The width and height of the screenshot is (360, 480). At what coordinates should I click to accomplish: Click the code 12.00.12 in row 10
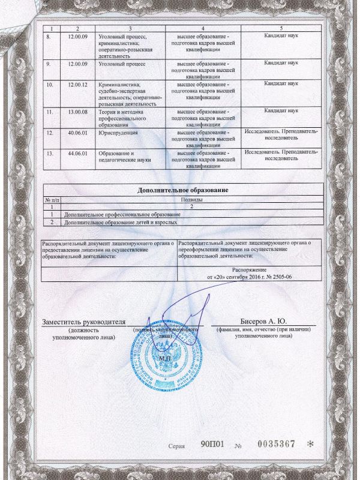point(77,85)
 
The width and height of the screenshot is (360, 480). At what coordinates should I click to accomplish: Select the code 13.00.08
point(77,110)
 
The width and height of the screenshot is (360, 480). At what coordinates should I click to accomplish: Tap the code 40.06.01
point(77,131)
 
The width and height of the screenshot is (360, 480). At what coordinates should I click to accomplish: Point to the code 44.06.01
point(77,153)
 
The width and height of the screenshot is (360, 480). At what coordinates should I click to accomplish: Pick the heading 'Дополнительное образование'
point(182,190)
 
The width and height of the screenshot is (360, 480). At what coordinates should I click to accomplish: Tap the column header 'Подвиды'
point(191,199)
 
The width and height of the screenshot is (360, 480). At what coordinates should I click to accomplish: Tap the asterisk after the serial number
point(310,445)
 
